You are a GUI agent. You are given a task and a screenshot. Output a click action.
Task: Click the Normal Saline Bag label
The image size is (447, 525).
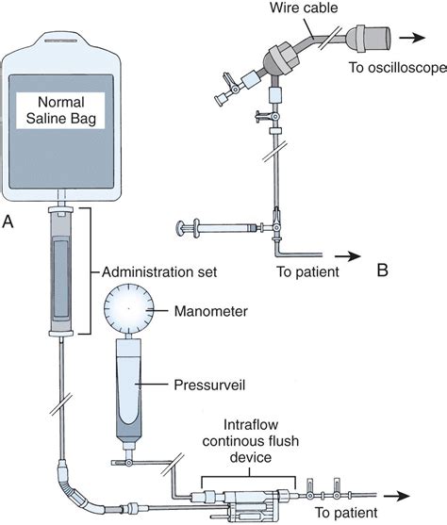(x=60, y=110)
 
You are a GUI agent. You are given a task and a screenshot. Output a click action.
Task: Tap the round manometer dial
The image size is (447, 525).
(x=129, y=308)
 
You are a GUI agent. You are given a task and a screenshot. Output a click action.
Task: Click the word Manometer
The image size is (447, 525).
(x=210, y=311)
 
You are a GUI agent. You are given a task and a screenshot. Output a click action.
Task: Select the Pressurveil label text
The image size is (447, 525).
(x=209, y=386)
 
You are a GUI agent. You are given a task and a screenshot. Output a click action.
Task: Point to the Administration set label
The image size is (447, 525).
(x=159, y=271)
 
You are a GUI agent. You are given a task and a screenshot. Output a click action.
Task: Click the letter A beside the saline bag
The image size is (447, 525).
(x=8, y=221)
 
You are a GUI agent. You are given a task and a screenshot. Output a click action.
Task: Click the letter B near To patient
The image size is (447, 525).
(x=383, y=270)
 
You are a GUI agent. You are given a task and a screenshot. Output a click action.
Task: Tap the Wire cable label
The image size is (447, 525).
(x=304, y=8)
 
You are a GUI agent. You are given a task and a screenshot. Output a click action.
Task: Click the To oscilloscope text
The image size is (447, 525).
(x=398, y=68)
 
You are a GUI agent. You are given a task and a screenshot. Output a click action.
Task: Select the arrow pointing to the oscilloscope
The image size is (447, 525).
(x=412, y=37)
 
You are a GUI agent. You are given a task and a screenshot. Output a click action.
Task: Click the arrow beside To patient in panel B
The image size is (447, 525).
(x=347, y=256)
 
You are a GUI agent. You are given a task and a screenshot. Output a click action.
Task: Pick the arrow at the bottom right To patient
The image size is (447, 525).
(x=397, y=496)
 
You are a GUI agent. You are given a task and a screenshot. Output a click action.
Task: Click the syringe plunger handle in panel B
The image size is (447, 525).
(x=181, y=228)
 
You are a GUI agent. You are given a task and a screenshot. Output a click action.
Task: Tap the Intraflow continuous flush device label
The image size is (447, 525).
(x=250, y=441)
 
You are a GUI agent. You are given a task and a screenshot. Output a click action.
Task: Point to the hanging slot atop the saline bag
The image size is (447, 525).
(x=61, y=41)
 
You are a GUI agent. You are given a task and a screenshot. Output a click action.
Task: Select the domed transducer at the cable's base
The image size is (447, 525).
(x=281, y=59)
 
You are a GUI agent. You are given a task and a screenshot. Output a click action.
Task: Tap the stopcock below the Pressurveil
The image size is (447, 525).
(x=128, y=463)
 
